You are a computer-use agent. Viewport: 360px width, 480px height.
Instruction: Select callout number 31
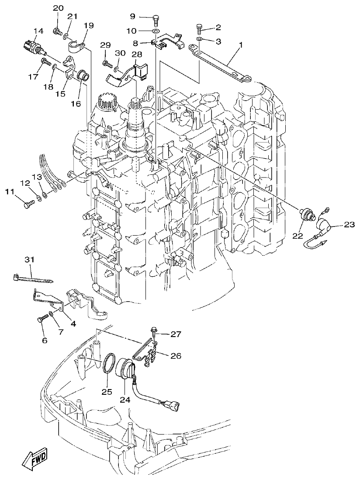(29, 260)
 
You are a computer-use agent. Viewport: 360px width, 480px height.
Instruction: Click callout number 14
(38, 31)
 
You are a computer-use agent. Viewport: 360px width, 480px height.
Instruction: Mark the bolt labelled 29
(107, 64)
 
